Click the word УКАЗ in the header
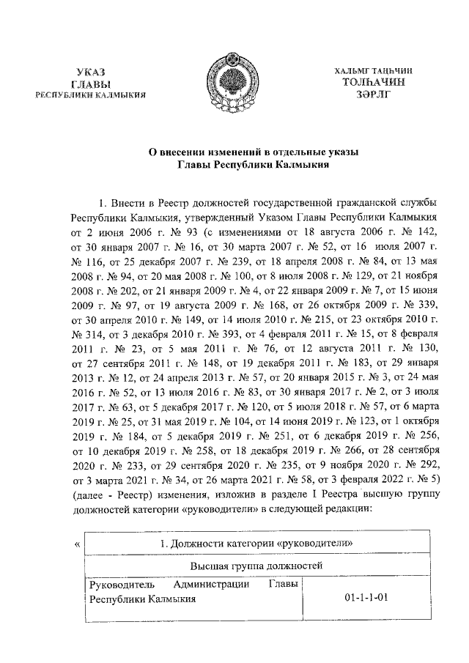coord(92,71)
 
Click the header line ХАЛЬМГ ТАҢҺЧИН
coord(374,70)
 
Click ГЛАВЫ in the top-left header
coord(92,83)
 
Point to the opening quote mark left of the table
coord(78,544)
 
